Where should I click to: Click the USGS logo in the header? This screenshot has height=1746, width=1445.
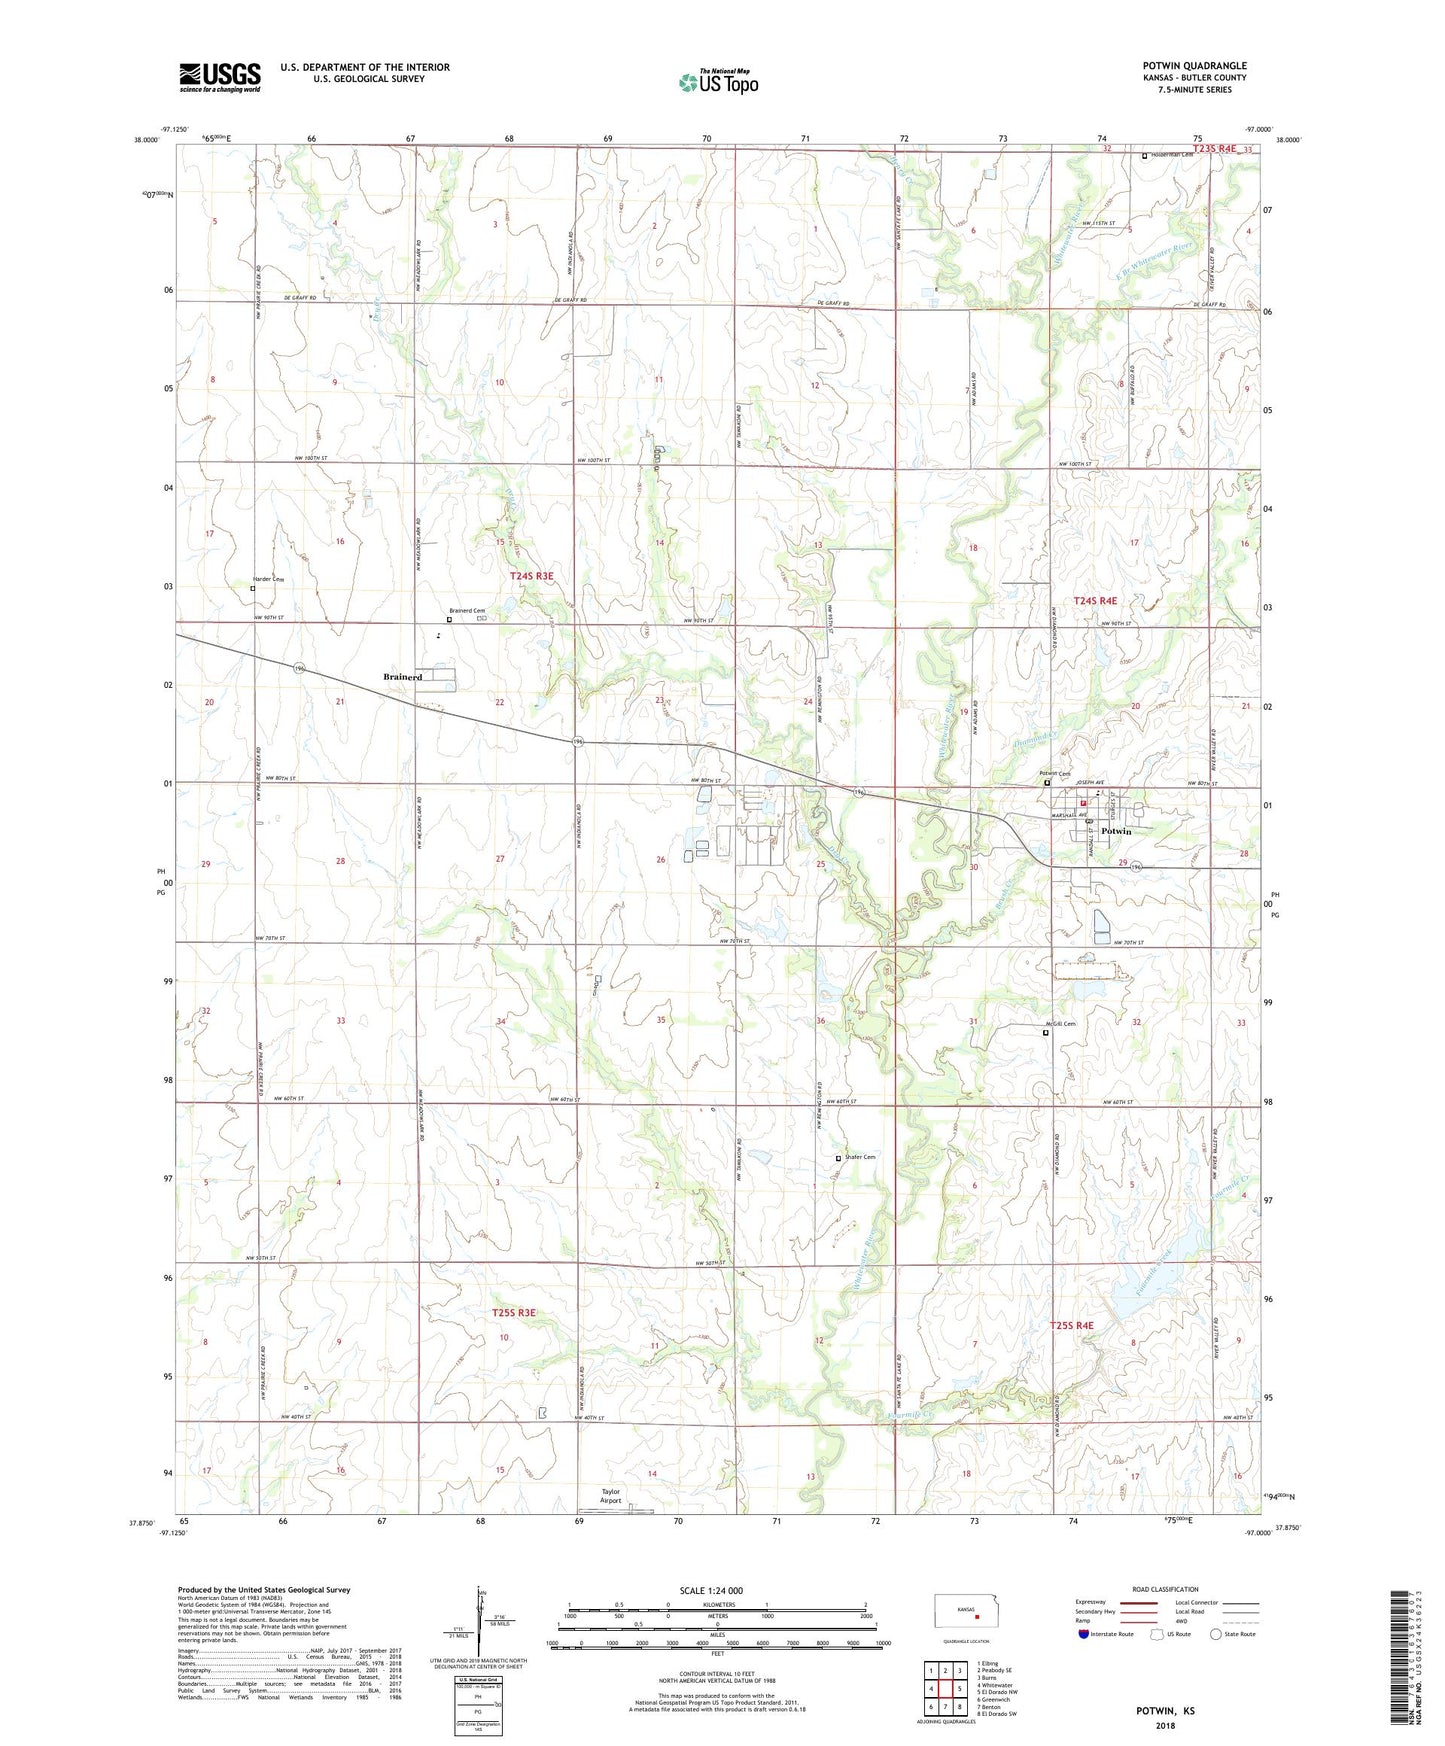[220, 77]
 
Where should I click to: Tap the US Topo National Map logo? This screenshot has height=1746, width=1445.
[719, 81]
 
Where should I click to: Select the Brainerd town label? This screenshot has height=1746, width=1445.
[403, 677]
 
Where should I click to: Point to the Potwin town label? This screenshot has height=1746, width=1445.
[1116, 832]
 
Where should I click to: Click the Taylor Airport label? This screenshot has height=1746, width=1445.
[610, 1496]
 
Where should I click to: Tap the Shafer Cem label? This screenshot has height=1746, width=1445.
[860, 1157]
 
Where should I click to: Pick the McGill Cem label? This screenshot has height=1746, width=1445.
[1060, 1024]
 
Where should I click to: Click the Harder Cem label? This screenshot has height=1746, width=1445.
[267, 580]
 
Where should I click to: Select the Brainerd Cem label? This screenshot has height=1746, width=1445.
[467, 611]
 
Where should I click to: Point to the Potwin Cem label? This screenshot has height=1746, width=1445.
[1054, 773]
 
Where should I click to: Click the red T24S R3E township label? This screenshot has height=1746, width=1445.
[531, 576]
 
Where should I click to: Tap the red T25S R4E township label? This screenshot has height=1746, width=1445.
[1071, 1325]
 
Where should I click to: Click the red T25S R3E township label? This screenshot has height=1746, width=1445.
[514, 1312]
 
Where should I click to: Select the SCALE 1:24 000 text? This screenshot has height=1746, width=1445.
[711, 1591]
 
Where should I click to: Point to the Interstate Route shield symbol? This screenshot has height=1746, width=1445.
[1084, 1634]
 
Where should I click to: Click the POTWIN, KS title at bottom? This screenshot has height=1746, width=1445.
[1165, 1711]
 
